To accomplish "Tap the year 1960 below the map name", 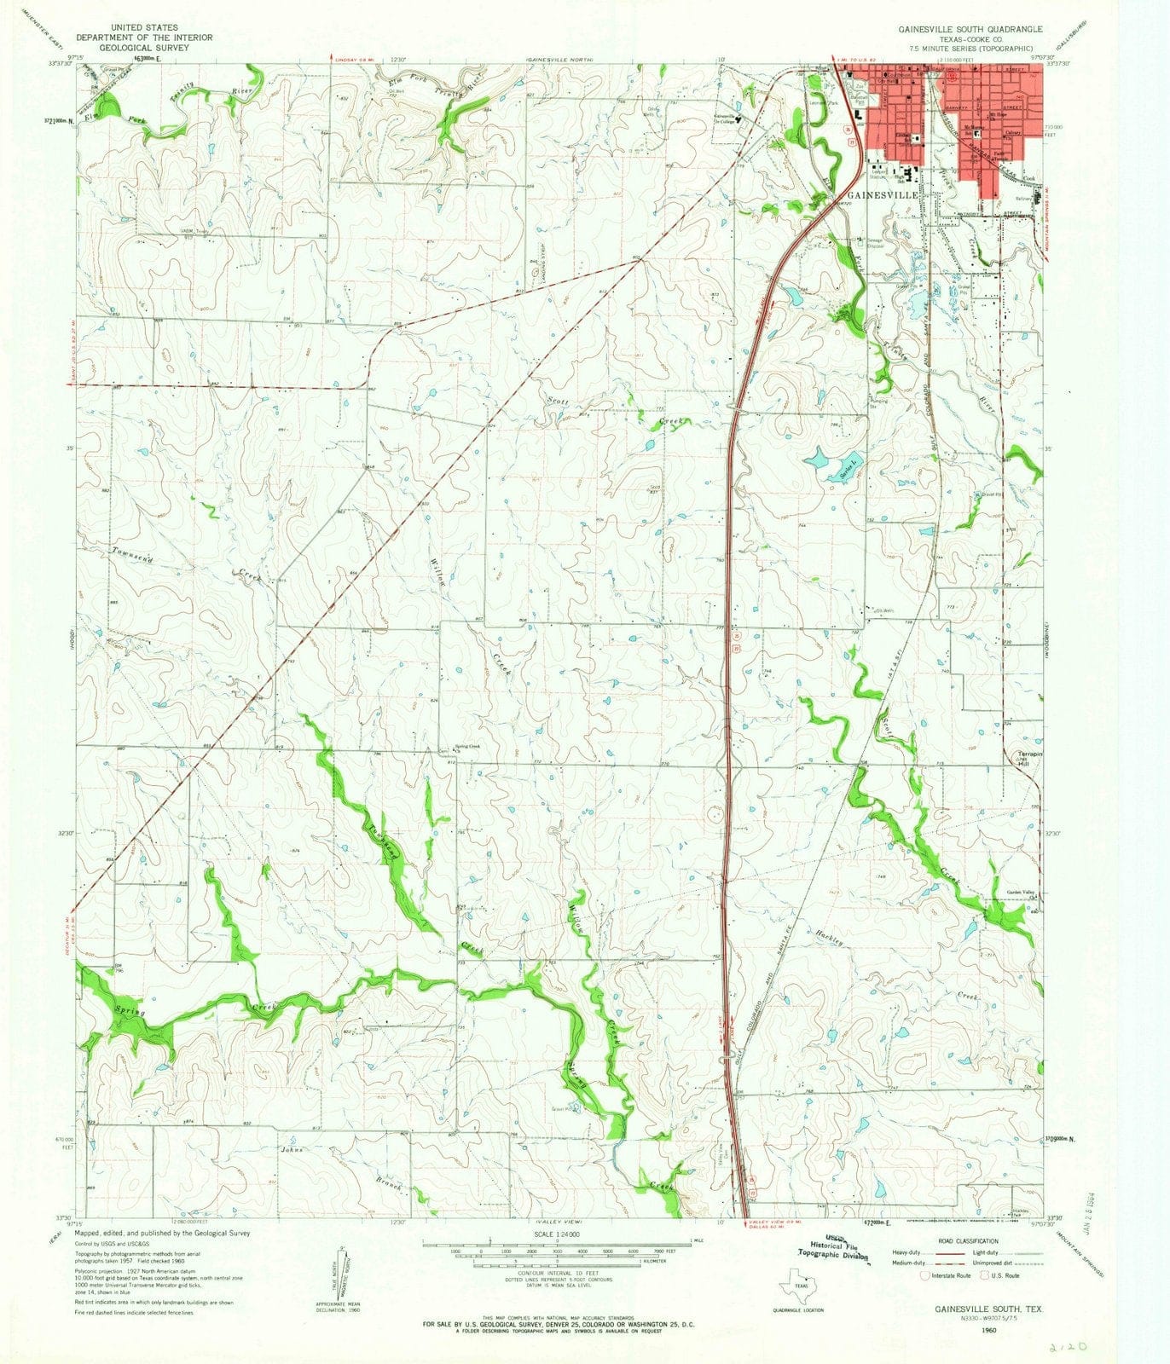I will click(989, 1329).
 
